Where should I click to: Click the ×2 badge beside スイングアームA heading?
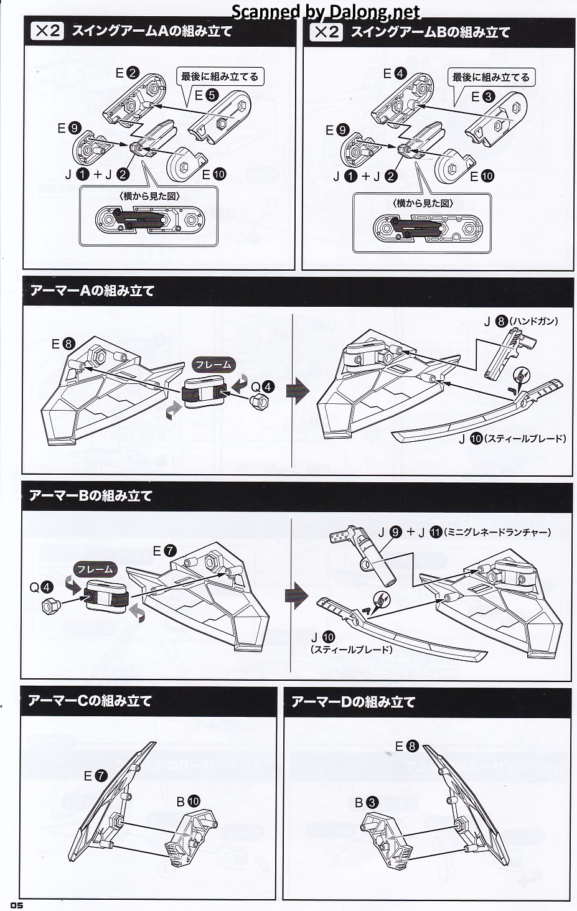(x=47, y=31)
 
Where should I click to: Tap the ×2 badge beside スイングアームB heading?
(x=326, y=31)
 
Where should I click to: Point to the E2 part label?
(x=127, y=73)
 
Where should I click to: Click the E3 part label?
(x=482, y=96)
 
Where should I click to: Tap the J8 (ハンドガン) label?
(x=520, y=322)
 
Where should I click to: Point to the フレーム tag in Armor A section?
(x=213, y=365)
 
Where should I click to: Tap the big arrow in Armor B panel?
(x=297, y=596)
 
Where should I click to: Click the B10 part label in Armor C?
(x=187, y=801)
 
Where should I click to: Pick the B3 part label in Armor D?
(x=367, y=803)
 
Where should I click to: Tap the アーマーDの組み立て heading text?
(x=353, y=702)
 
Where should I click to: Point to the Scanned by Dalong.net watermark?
(x=326, y=11)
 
